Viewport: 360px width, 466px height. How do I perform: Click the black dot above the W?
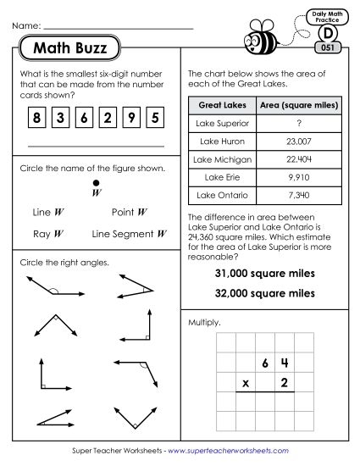coord(96,181)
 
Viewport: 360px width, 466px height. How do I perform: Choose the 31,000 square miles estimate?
coord(265,274)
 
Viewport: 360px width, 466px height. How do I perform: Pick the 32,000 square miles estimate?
coord(265,292)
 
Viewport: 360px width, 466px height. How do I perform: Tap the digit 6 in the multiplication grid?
coord(265,363)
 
